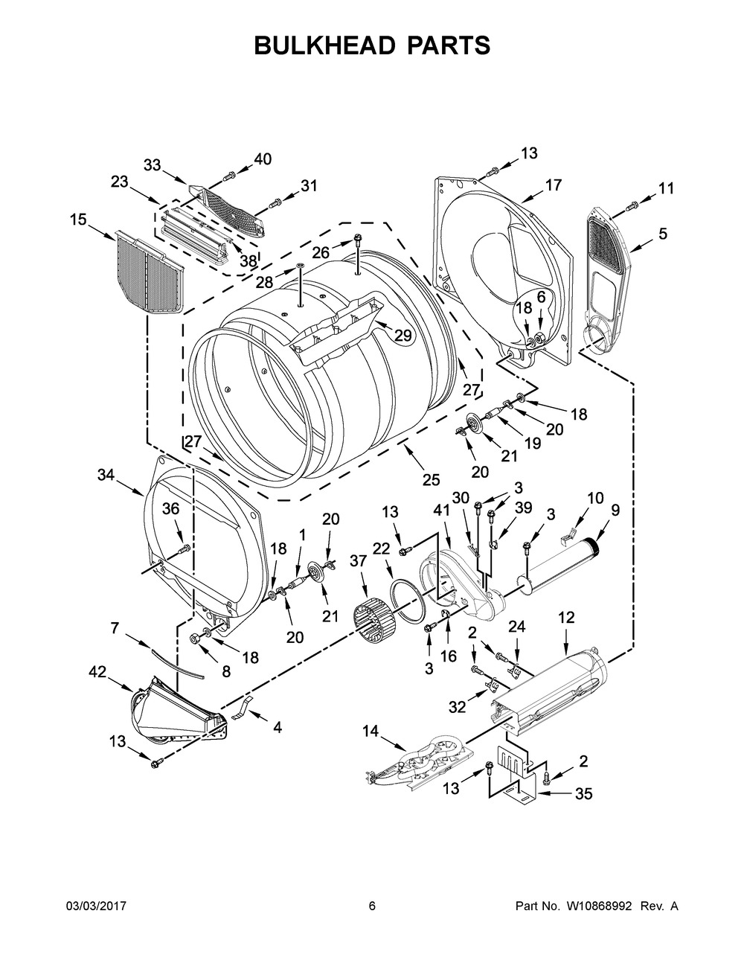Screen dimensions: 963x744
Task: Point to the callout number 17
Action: point(553,185)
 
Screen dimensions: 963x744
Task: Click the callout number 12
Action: point(566,617)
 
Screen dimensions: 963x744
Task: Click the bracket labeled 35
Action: point(521,785)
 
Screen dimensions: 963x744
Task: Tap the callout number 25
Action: point(432,480)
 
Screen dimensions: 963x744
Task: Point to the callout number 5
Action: point(661,234)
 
